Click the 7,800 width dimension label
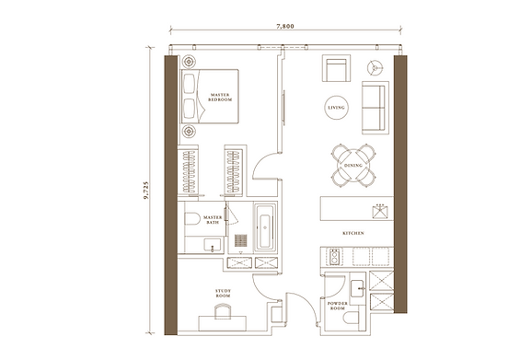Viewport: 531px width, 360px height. pos(283,28)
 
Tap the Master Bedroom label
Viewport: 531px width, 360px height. pos(220,98)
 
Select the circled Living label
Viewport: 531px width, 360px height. pos(336,109)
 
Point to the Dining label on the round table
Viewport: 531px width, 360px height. pos(353,166)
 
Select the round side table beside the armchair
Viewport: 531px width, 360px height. pos(375,67)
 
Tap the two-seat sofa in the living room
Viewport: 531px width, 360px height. pos(375,107)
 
